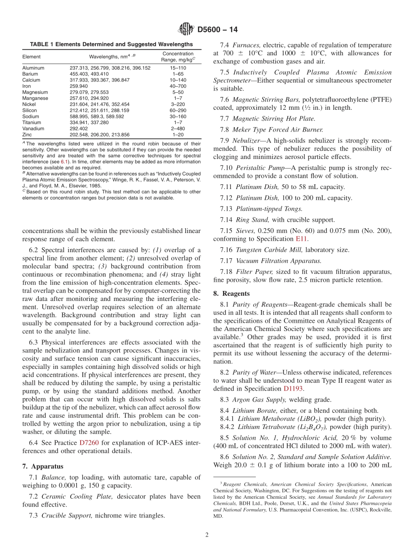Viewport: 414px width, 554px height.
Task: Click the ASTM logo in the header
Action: [186, 30]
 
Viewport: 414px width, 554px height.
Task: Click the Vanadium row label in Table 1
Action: [33, 129]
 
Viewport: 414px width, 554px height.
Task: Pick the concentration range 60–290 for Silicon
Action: [178, 111]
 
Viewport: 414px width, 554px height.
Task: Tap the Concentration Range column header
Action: [178, 57]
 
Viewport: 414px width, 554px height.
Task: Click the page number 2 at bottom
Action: [207, 535]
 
